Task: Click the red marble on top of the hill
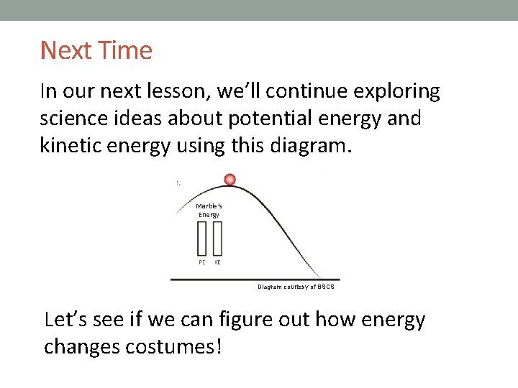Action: coord(230,179)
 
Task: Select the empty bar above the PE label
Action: coord(202,238)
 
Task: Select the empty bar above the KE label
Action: coord(217,238)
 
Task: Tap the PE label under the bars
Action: coord(202,262)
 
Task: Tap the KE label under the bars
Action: coord(217,262)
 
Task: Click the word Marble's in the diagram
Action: coord(209,206)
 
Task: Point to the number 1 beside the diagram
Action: coord(177,183)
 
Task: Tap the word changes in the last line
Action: coord(81,346)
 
